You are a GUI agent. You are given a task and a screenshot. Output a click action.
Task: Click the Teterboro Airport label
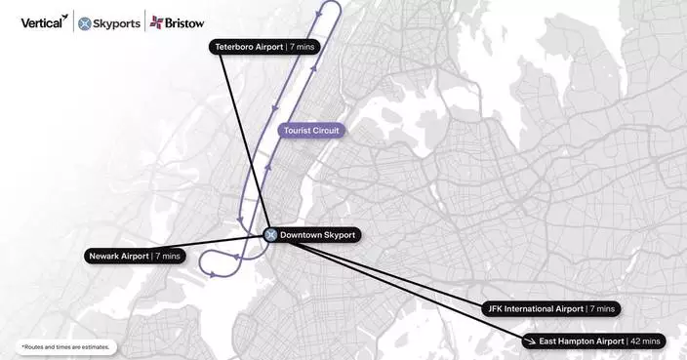point(264,47)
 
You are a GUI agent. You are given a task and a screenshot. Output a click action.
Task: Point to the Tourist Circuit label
point(311,130)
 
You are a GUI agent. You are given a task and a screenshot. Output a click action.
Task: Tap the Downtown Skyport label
point(310,235)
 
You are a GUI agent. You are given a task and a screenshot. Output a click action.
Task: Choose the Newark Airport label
point(134,257)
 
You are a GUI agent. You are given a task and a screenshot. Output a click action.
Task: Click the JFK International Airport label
point(550,308)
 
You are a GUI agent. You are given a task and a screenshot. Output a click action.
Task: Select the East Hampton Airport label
point(592,340)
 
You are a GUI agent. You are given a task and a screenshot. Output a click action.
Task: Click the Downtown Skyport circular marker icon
point(271,235)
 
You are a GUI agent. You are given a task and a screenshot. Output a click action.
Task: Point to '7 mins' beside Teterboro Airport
point(303,47)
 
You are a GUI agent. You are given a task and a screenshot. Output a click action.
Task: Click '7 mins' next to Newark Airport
point(168,257)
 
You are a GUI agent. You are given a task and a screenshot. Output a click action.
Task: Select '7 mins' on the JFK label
point(601,308)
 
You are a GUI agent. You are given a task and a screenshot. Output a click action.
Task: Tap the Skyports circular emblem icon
point(85,22)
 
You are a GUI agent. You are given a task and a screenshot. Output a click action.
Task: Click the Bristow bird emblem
point(155,22)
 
